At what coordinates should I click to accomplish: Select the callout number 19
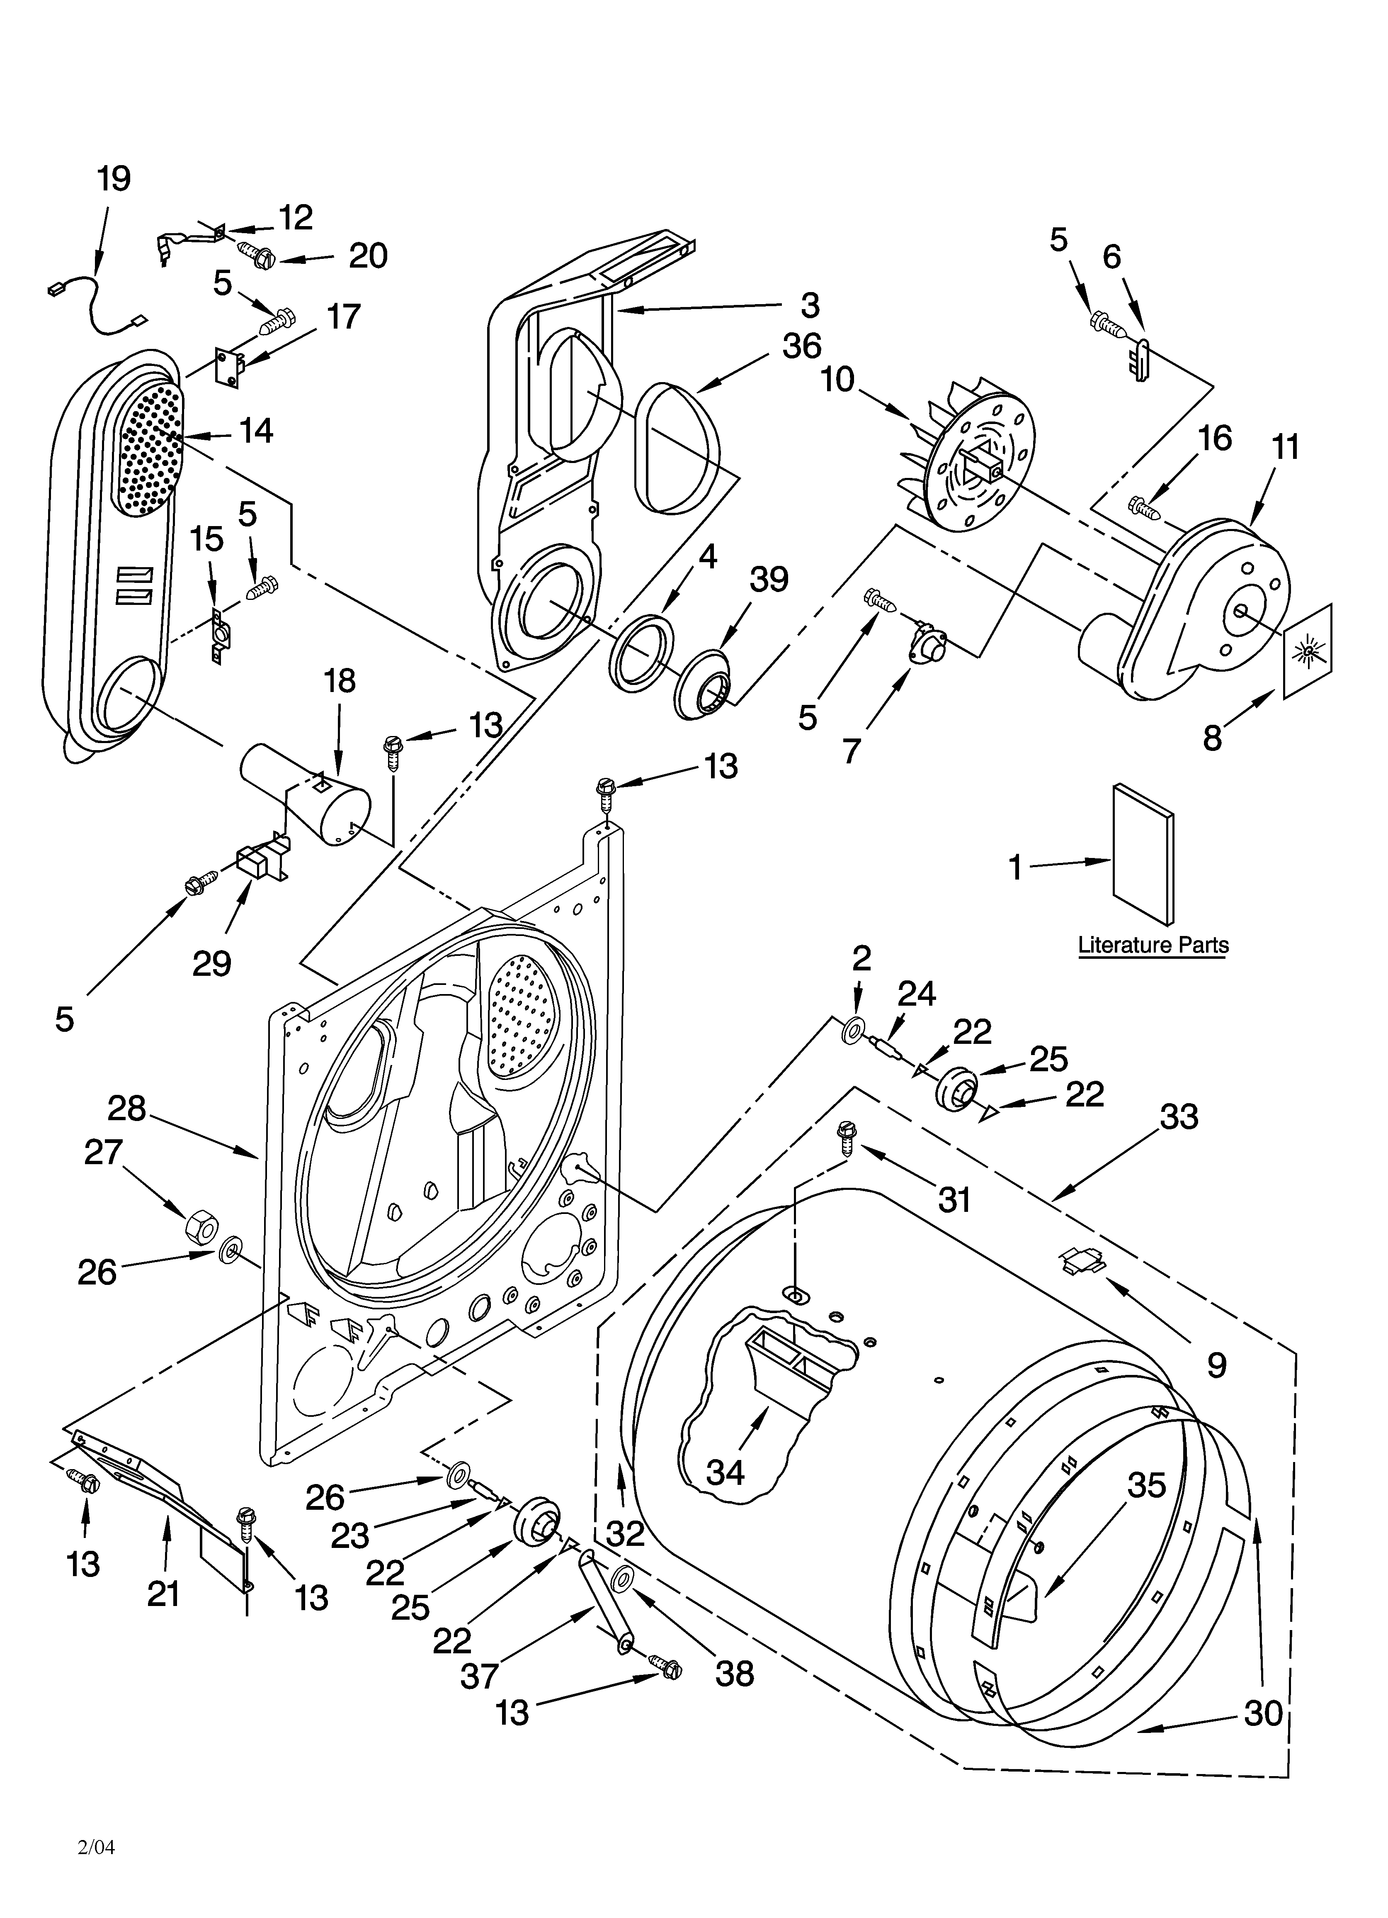coord(113,179)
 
